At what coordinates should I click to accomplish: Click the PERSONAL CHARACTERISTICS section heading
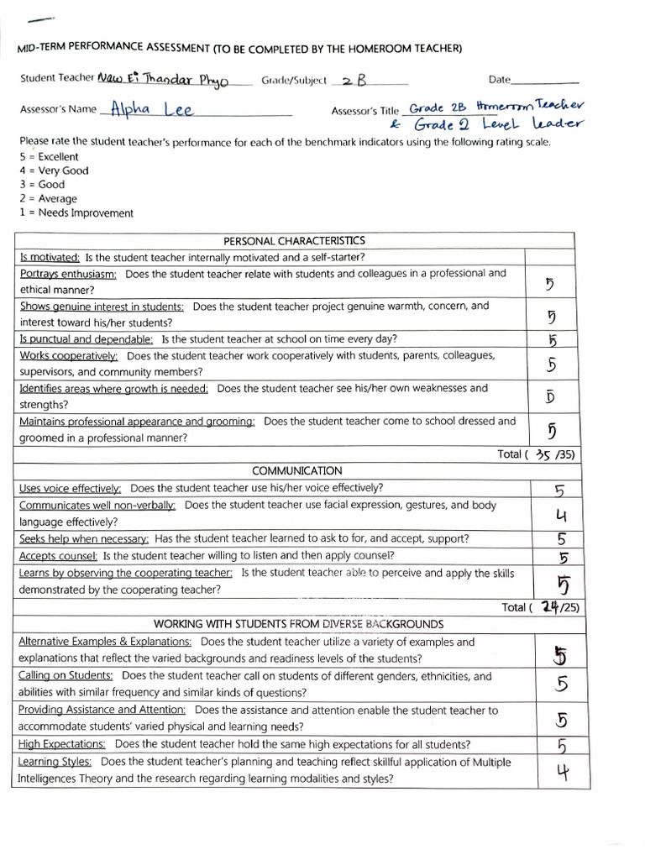(294, 241)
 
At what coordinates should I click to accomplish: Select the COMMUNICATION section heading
(296, 471)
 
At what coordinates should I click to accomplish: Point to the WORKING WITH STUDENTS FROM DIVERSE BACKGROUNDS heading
(298, 624)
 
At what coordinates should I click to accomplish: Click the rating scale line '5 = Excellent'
(49, 156)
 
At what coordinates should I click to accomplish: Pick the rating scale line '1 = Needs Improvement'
(76, 213)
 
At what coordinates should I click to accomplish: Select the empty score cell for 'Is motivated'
(550, 257)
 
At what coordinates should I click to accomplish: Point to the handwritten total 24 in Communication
(550, 607)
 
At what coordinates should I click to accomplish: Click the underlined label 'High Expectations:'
(62, 744)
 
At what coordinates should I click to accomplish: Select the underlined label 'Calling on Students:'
(66, 676)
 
